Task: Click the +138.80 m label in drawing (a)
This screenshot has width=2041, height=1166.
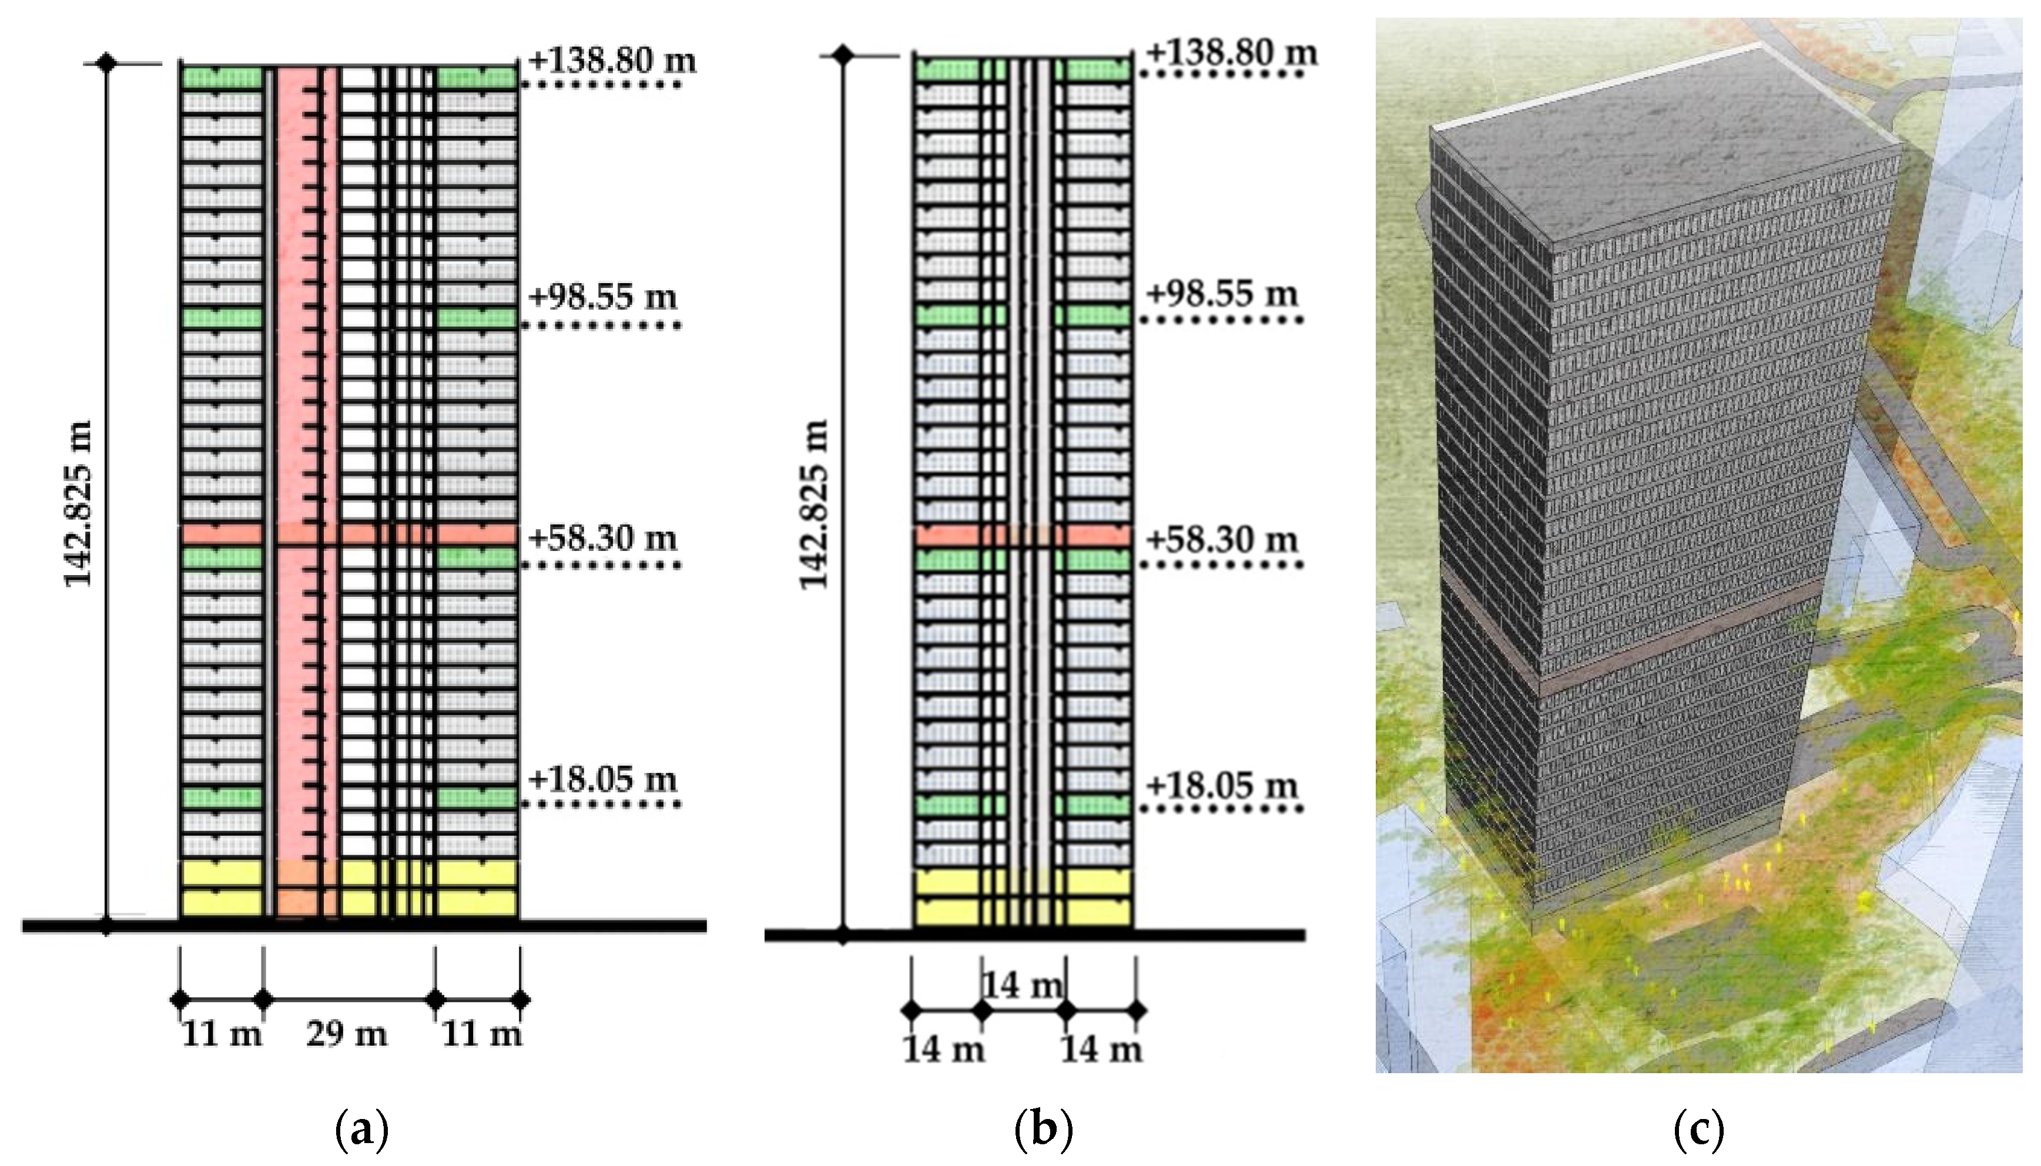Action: point(613,61)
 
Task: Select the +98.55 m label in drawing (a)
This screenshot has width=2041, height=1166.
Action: point(603,297)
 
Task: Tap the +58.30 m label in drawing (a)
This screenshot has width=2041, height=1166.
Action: point(603,537)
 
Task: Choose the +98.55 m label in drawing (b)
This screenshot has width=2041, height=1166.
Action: point(1222,294)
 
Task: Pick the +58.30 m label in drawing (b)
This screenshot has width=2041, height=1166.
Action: point(1222,539)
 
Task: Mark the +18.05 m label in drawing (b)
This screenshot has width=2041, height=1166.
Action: point(1222,785)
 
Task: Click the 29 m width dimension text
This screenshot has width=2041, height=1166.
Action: point(346,1034)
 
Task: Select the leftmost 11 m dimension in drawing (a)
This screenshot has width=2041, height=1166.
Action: point(221,1034)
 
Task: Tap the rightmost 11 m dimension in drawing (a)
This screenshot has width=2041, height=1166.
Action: point(481,1034)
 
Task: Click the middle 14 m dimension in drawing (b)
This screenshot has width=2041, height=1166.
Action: point(1023,985)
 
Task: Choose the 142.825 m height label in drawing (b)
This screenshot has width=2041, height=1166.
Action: point(814,505)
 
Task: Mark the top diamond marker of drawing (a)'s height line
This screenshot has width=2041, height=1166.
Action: point(106,62)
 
